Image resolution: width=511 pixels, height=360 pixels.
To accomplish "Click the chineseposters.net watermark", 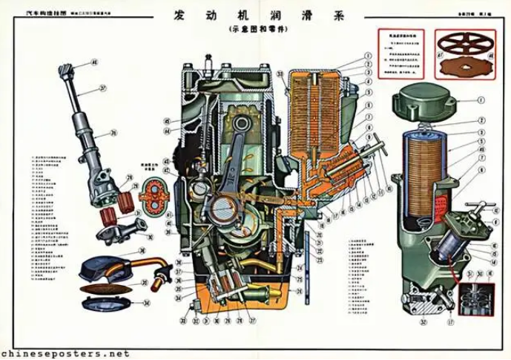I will point(65,353).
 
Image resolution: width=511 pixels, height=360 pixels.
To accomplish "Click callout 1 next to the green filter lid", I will point(481,99).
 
